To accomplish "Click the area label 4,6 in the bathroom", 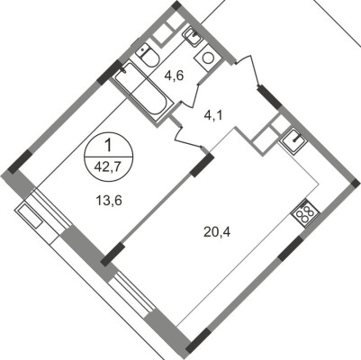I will (x=173, y=76).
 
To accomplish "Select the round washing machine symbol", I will (x=208, y=58).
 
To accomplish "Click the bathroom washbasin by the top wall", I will (x=192, y=36).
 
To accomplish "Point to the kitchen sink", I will (x=293, y=140).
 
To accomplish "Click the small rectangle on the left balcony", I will (x=32, y=217).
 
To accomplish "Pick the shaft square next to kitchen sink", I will (x=266, y=135).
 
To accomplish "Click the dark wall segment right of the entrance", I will (x=267, y=94).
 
